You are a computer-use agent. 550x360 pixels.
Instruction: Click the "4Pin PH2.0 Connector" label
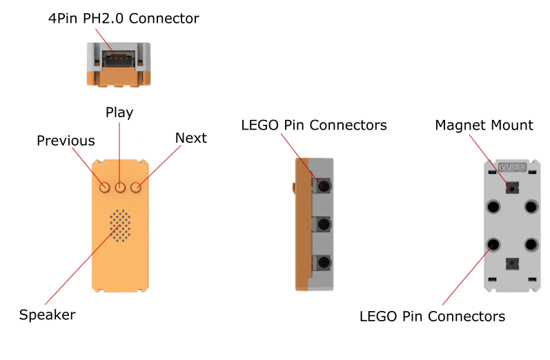click(x=124, y=19)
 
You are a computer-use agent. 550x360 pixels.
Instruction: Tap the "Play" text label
click(x=119, y=112)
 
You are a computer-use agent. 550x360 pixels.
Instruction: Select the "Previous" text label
click(x=66, y=141)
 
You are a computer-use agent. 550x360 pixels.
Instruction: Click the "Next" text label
click(x=190, y=138)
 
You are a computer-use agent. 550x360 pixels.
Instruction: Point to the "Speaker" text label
click(x=47, y=314)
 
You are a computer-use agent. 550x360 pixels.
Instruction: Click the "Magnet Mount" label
click(x=484, y=125)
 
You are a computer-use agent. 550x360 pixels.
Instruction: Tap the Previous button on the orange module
click(x=105, y=187)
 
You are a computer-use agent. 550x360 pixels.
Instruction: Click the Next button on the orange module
click(x=136, y=187)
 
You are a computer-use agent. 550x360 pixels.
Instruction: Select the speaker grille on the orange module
click(x=120, y=226)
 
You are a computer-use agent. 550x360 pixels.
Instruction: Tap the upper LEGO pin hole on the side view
click(x=322, y=186)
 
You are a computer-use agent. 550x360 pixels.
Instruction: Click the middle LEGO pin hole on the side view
click(x=322, y=225)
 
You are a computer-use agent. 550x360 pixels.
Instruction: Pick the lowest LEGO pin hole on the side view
click(x=322, y=263)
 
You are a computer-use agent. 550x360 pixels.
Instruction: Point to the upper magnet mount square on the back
click(x=512, y=187)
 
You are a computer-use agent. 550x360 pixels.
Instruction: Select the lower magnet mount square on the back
click(x=512, y=263)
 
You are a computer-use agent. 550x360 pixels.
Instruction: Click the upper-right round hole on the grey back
click(x=531, y=206)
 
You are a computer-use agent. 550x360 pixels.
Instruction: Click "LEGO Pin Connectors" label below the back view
click(x=432, y=317)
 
